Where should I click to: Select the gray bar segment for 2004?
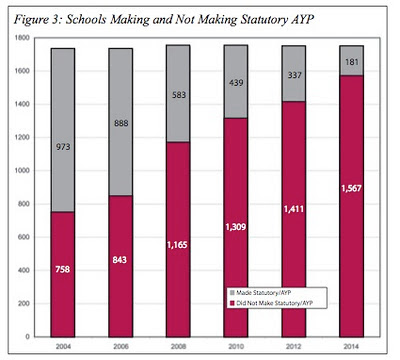coord(63,130)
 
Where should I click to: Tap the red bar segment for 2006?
coord(121,266)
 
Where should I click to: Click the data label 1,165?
coord(177,245)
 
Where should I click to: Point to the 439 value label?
coord(236,83)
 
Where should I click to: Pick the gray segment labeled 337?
coord(294,74)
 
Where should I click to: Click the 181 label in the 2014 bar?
coord(352,62)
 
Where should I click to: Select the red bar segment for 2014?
coord(352,206)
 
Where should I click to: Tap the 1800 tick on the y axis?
coord(22,38)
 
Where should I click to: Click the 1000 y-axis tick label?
coord(22,171)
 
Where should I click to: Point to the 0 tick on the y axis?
coord(27,337)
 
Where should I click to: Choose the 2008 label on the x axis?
coord(178,347)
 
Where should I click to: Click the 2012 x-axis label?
coord(294,347)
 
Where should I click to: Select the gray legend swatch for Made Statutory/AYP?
coord(232,293)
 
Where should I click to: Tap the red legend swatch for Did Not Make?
coord(232,303)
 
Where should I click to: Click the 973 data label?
coord(63,147)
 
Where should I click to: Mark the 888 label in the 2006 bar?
coord(121,123)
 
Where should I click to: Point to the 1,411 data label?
coord(294,209)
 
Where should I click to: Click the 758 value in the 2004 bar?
coord(63,269)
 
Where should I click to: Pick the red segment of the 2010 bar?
coord(236,228)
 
